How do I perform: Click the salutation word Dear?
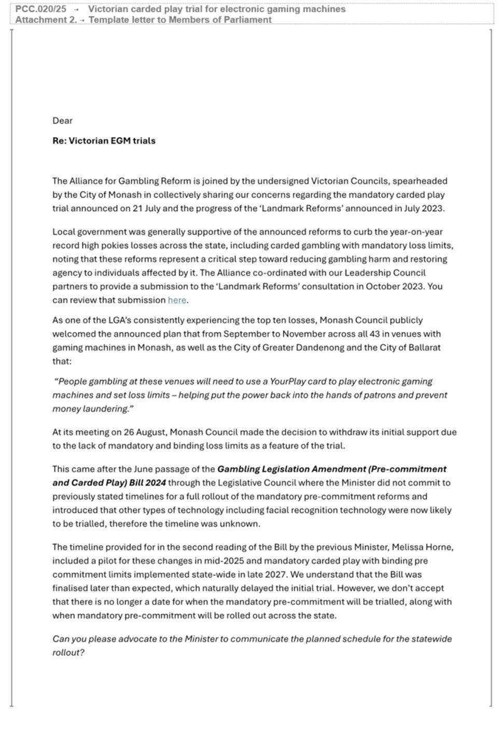62,121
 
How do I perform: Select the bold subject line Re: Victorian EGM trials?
104,141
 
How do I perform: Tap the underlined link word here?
177,300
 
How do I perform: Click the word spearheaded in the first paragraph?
420,181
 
